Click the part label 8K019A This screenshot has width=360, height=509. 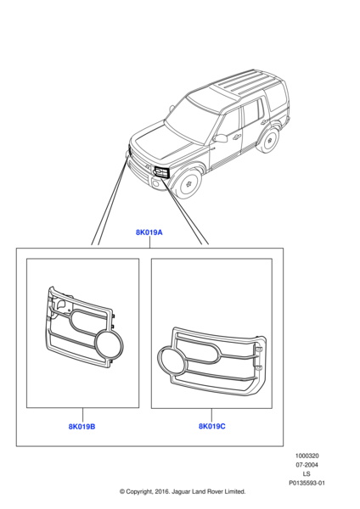tap(149, 232)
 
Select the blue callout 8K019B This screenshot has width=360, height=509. tap(82, 427)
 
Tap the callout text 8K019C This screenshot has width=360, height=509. tap(212, 426)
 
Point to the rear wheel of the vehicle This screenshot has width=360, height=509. tap(269, 140)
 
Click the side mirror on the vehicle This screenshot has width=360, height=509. tap(220, 137)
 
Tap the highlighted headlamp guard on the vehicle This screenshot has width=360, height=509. tap(162, 172)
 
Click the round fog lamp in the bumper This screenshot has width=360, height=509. tap(155, 184)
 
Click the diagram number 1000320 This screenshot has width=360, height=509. tap(307, 456)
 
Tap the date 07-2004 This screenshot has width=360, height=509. tap(307, 465)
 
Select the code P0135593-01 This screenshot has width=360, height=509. tap(307, 483)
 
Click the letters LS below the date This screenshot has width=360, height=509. tap(307, 474)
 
